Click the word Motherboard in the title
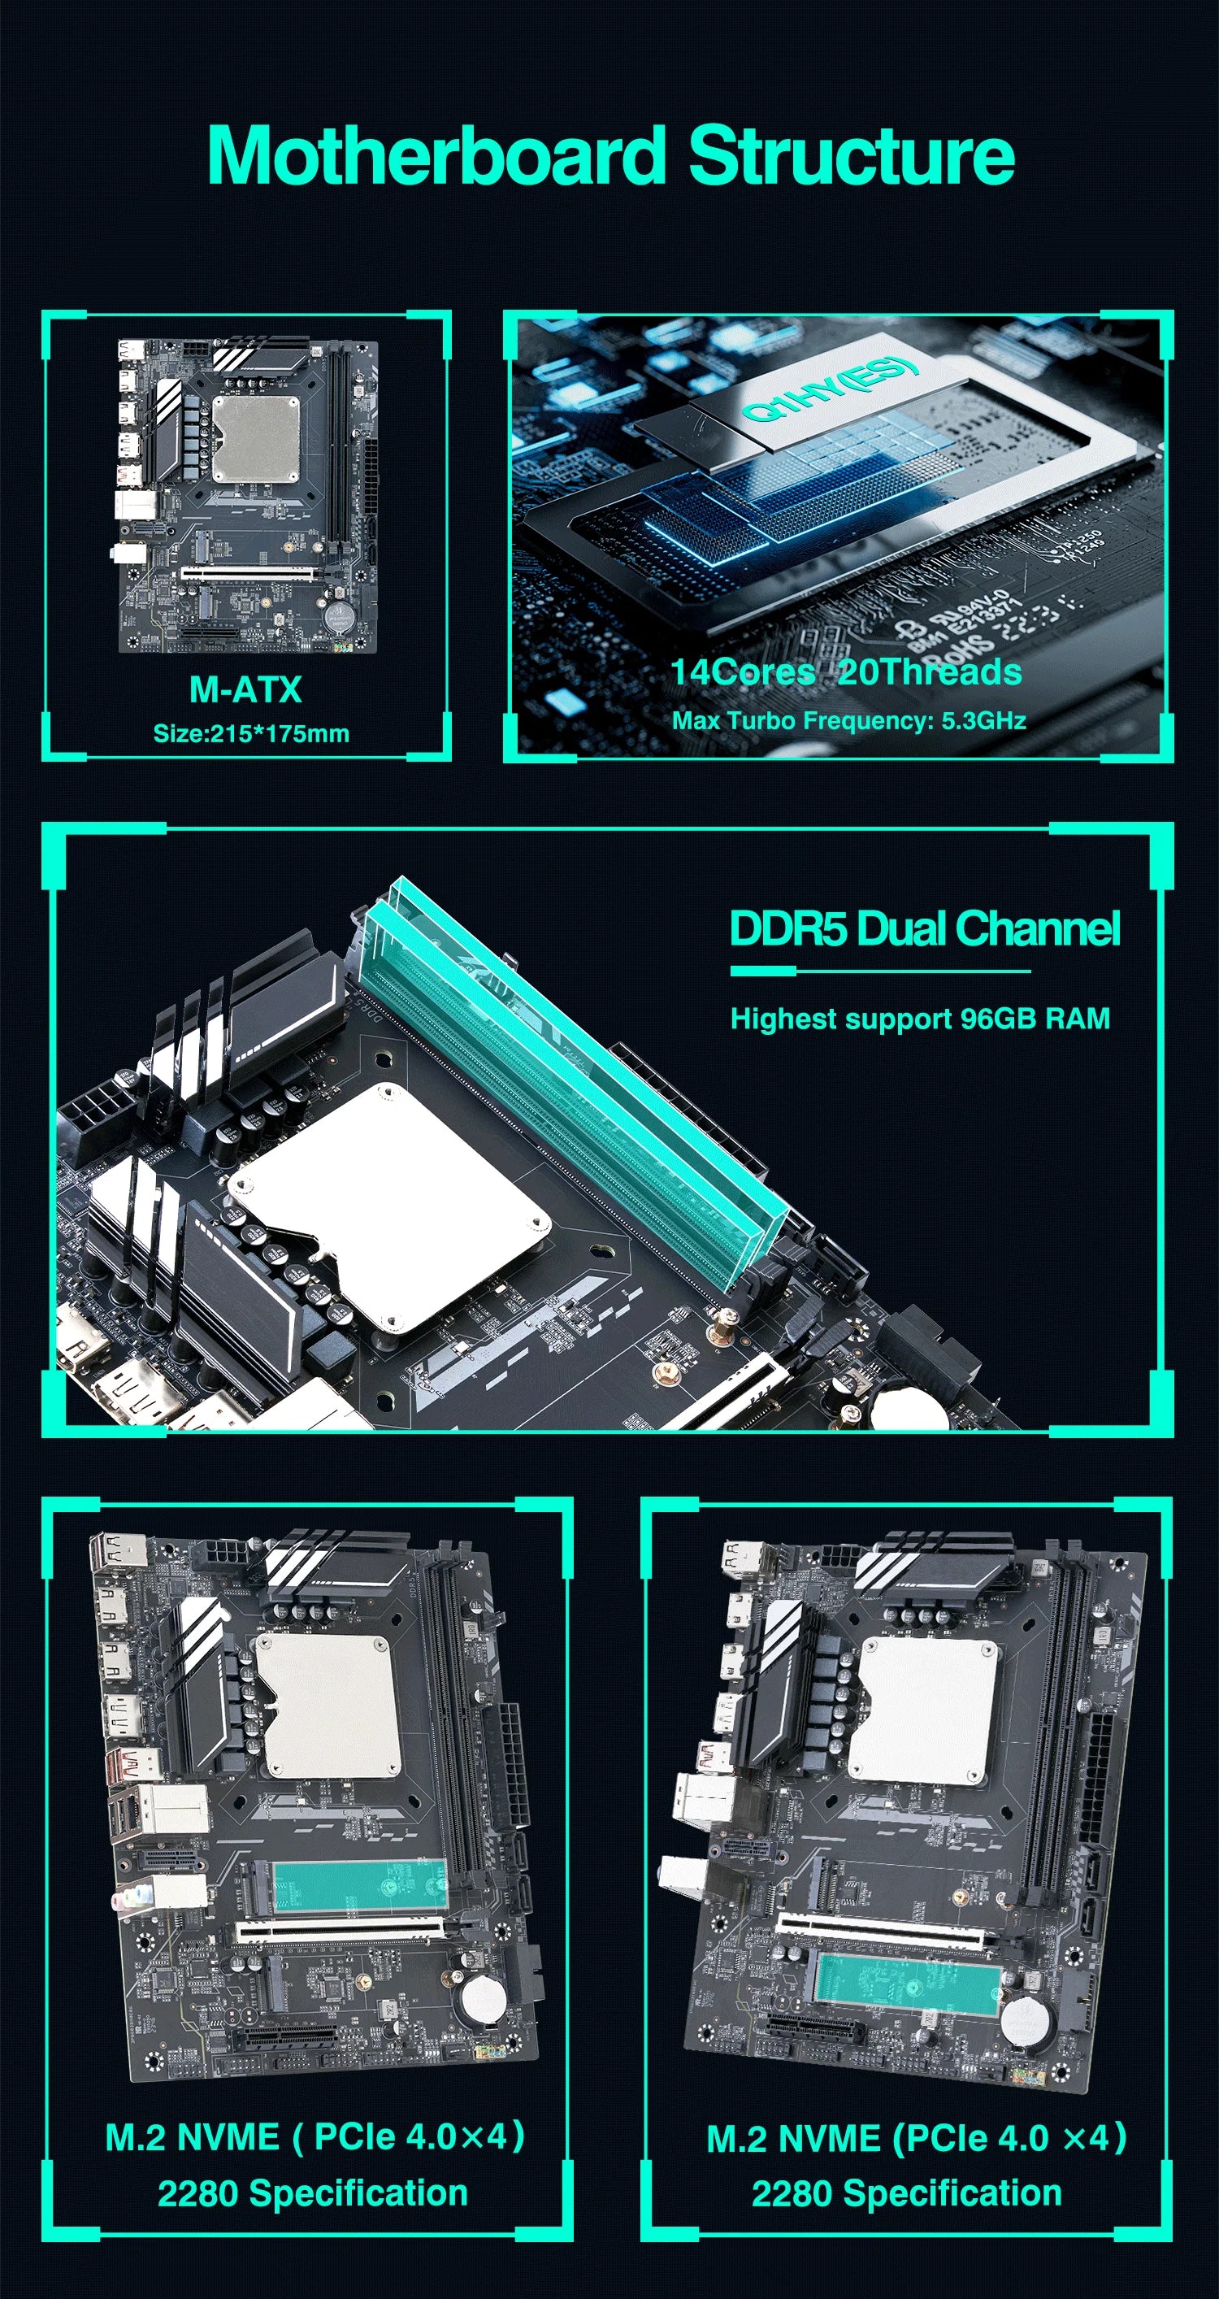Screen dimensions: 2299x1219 pos(437,156)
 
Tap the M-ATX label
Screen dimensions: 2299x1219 pos(245,690)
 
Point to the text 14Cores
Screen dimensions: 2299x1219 pos(743,672)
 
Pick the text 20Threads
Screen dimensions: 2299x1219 pos(930,672)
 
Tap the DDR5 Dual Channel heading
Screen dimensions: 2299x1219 pos(925,929)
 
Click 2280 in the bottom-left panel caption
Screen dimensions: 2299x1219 pos(197,2193)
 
